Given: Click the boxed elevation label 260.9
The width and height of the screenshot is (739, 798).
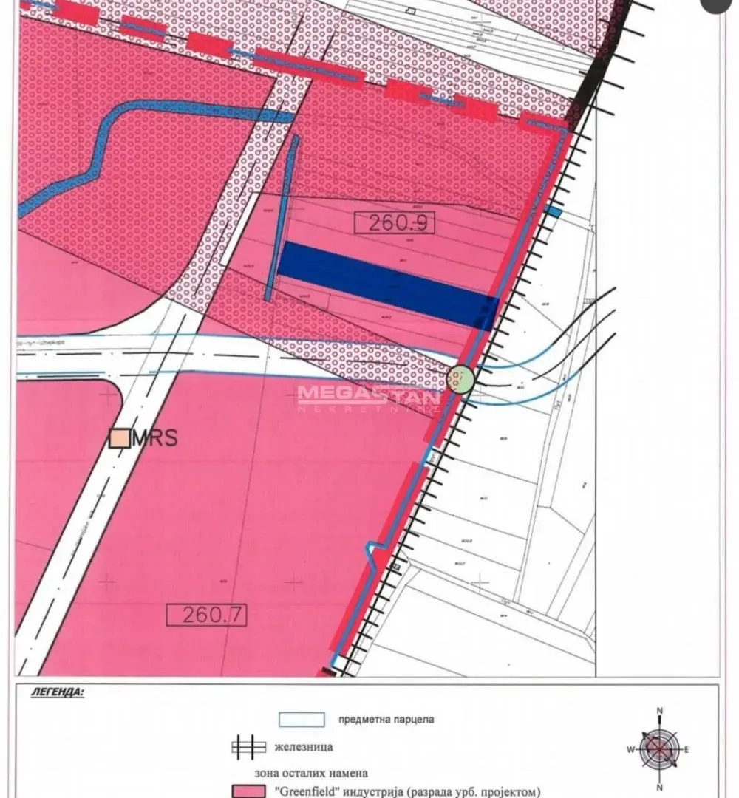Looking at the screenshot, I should tap(397, 222).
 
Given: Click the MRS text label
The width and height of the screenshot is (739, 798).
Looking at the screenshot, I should tap(155, 437).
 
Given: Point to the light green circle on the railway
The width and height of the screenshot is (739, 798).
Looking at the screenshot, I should tap(460, 380).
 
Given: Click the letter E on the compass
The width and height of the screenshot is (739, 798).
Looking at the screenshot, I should tap(687, 749).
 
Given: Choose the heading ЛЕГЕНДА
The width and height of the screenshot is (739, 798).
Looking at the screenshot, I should tap(58, 694).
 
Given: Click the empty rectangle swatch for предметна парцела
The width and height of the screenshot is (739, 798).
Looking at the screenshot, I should tap(302, 719).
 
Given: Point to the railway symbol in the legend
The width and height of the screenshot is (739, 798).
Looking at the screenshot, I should tap(248, 747).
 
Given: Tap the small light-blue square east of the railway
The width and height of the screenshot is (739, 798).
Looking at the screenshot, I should tap(554, 212).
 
